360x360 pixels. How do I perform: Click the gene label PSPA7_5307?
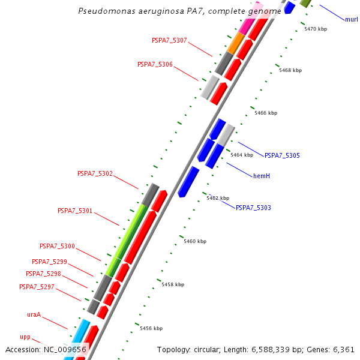(169, 41)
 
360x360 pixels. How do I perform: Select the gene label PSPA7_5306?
(155, 64)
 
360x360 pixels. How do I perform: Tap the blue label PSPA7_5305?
(282, 155)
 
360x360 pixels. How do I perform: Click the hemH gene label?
(261, 175)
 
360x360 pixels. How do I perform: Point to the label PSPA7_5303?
(253, 208)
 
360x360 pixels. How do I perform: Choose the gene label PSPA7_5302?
(95, 173)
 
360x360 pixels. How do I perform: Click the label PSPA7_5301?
(75, 211)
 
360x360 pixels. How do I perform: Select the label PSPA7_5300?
(57, 246)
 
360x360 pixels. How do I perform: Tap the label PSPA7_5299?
(49, 262)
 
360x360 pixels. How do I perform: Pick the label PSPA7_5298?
(43, 274)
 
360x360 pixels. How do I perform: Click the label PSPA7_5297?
(37, 287)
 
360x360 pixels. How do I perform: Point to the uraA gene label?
(34, 314)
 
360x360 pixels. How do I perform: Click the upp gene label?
(25, 337)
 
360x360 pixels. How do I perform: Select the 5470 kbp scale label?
(316, 29)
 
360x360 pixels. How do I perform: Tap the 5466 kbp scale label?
(266, 113)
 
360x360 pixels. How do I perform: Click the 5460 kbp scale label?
(195, 241)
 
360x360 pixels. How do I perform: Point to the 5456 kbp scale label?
(151, 328)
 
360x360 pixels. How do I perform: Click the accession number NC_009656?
(65, 349)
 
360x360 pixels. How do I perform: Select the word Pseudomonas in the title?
(105, 11)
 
